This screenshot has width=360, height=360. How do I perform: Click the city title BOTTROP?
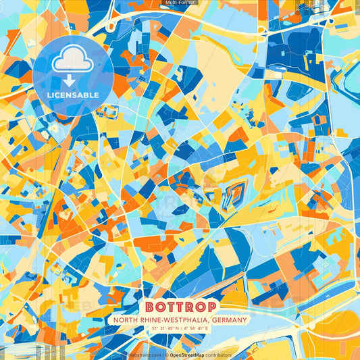[x=180, y=306]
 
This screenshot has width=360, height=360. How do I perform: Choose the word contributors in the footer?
[x=220, y=354]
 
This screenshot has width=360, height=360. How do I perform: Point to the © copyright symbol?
[x=165, y=354]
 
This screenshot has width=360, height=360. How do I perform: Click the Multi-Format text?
[x=179, y=3]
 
